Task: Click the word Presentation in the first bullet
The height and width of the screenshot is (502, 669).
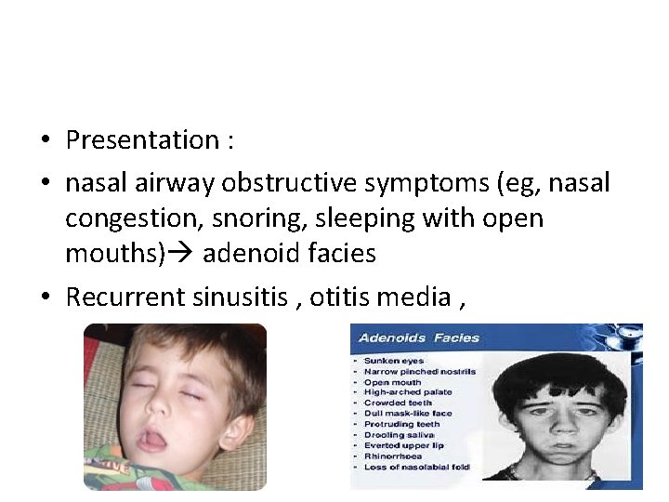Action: point(141,140)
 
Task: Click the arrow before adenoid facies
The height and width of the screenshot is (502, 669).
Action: point(182,254)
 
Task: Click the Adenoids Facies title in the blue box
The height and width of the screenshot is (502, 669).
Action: point(419,337)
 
